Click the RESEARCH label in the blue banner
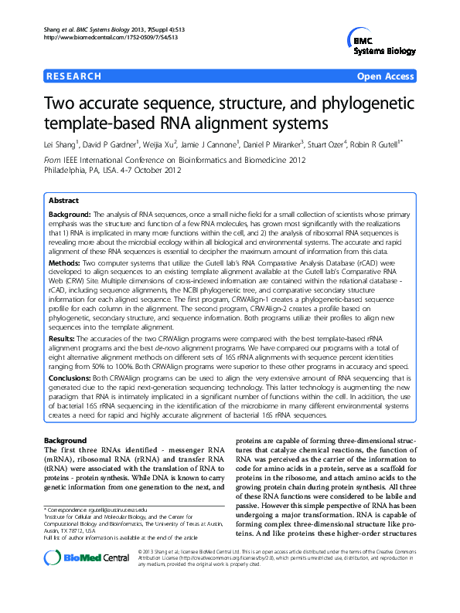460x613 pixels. pos(74,76)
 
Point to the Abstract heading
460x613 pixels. pos(64,199)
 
